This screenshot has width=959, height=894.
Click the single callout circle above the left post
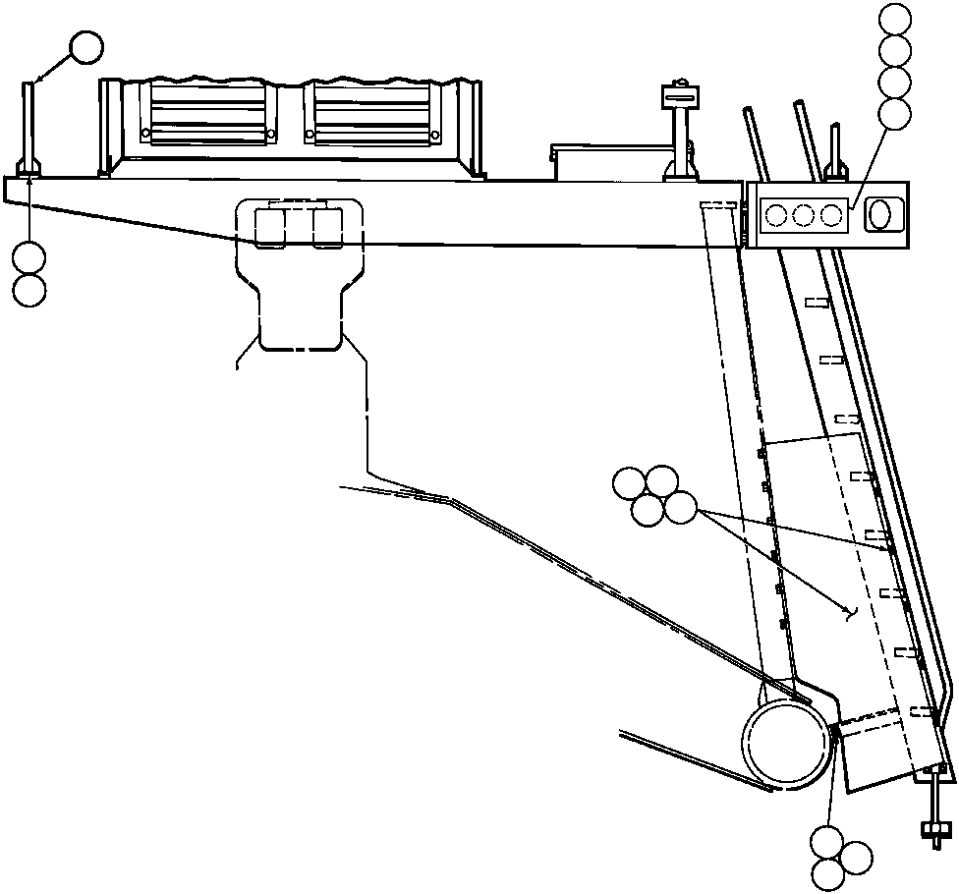tap(86, 47)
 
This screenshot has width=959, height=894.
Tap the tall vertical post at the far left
tap(30, 128)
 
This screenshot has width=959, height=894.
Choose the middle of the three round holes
tap(806, 214)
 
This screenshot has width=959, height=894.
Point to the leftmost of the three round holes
tap(778, 214)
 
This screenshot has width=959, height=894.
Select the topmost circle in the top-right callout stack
tap(895, 19)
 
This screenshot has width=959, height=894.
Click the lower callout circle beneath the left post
tap(30, 289)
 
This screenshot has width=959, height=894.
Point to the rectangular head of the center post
tap(678, 95)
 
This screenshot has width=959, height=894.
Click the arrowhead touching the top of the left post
tap(36, 82)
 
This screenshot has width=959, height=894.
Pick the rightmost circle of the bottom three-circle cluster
tap(856, 857)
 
